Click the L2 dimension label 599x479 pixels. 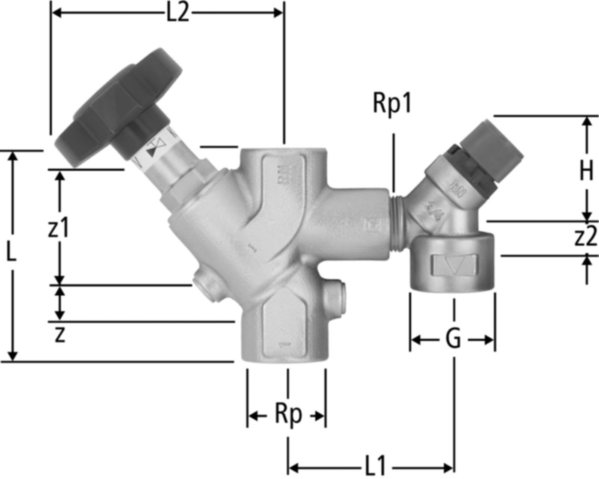click(x=177, y=14)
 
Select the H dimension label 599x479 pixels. click(x=586, y=171)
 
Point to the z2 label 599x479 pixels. click(x=585, y=238)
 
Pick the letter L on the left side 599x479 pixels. click(x=12, y=254)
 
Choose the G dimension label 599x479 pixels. click(x=453, y=340)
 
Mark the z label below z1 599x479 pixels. click(x=60, y=336)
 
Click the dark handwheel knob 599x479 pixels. click(x=120, y=107)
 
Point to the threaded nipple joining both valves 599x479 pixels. click(x=398, y=223)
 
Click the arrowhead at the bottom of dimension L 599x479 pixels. click(x=13, y=355)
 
